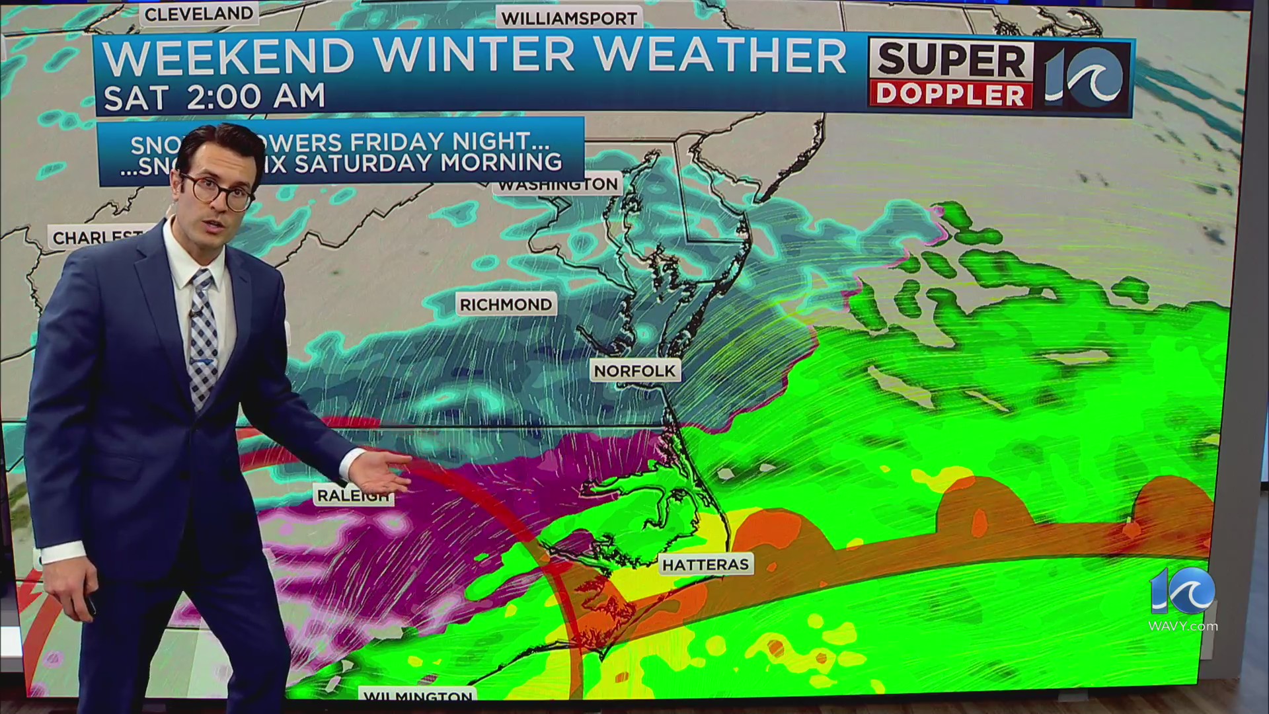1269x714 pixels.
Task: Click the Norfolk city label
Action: (634, 371)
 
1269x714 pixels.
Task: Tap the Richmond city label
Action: (506, 305)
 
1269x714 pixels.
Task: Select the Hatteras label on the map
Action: (706, 565)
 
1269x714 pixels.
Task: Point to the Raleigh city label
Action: (352, 496)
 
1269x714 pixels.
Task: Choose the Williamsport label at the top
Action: (568, 19)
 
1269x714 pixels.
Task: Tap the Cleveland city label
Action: (198, 14)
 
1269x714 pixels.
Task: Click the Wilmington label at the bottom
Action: (418, 696)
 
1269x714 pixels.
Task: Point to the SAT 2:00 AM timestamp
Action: (215, 97)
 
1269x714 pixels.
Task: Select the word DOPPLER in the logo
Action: (950, 95)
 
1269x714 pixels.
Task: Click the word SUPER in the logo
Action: (950, 61)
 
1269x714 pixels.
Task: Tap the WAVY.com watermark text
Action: (1182, 625)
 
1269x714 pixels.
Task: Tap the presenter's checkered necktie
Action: (202, 337)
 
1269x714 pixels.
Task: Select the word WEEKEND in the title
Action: (228, 56)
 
